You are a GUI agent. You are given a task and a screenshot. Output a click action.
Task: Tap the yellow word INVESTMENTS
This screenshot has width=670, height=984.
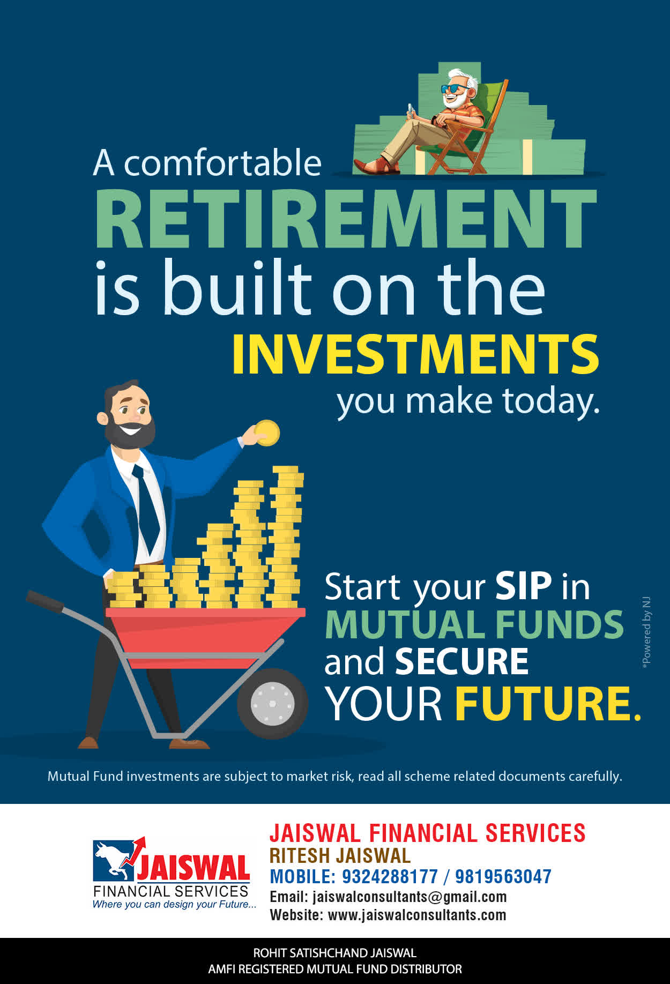(x=415, y=354)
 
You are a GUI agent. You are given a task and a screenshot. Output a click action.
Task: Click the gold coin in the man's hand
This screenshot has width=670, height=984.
(x=267, y=433)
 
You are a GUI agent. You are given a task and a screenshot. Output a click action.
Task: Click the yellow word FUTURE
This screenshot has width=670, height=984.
(x=548, y=703)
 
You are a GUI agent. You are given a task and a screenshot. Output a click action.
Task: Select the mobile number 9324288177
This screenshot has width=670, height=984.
(x=390, y=876)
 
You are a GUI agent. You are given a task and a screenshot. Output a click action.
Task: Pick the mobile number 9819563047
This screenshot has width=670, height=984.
(x=503, y=876)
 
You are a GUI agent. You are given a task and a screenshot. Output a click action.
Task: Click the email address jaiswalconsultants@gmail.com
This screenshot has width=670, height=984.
(x=410, y=897)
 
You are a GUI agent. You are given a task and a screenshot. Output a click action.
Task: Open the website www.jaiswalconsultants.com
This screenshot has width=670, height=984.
(x=417, y=915)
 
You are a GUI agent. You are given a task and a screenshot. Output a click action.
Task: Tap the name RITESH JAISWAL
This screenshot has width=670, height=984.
(x=340, y=855)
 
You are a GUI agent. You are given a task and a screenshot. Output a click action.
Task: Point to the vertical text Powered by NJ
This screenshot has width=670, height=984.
(x=646, y=632)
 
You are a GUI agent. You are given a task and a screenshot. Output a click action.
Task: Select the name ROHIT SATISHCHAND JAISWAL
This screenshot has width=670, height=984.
(x=334, y=953)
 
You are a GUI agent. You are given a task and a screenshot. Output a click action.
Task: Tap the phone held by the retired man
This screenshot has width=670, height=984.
(x=411, y=109)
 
